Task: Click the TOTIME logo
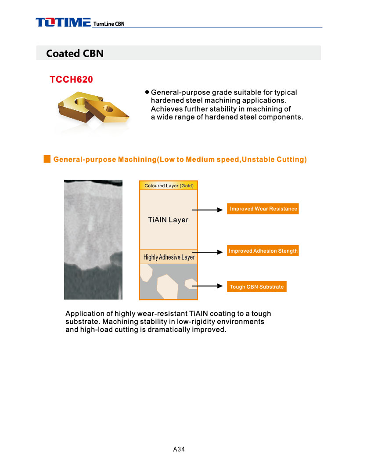pos(63,22)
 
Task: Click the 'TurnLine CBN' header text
pos(109,24)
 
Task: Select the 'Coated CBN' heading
pos(75,54)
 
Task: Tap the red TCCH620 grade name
pos(72,80)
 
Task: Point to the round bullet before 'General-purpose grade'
pos(147,93)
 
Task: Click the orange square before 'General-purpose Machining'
pos(47,159)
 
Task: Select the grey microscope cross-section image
pos(93,239)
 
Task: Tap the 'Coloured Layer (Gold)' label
pos(169,186)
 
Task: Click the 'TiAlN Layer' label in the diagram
pos(168,220)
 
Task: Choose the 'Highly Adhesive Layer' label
pos(169,257)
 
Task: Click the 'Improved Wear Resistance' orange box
pos(263,209)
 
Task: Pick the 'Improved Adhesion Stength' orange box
pos(263,251)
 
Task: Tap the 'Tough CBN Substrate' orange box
pos(257,287)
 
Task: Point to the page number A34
pos(179,449)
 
